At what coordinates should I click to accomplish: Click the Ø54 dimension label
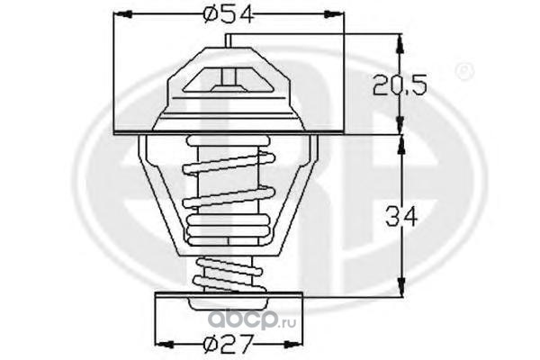pyautogui.click(x=229, y=15)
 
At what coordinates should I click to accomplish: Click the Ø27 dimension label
pyautogui.click(x=229, y=344)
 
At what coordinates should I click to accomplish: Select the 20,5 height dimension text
pyautogui.click(x=400, y=85)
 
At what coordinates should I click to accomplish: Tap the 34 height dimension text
pyautogui.click(x=401, y=217)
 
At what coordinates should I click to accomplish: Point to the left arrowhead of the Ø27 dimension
pyautogui.click(x=165, y=345)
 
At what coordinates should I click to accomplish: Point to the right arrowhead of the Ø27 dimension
pyautogui.click(x=293, y=345)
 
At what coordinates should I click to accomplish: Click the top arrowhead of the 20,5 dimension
pyautogui.click(x=400, y=43)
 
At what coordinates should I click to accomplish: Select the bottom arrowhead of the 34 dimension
pyautogui.click(x=400, y=287)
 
